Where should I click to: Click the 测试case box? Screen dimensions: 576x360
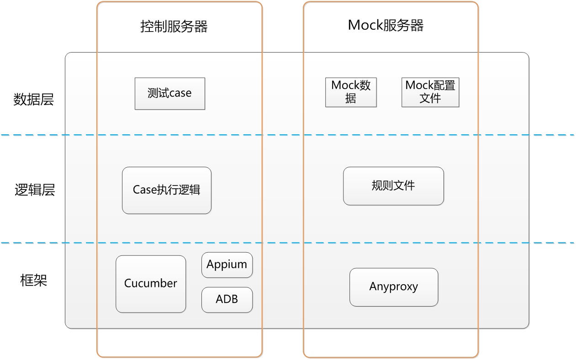point(170,94)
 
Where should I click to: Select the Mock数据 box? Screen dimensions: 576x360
point(351,92)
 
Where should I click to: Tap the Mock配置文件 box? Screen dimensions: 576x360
point(430,92)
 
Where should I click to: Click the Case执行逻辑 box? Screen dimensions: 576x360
point(167,191)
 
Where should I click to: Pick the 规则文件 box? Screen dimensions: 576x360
point(393,186)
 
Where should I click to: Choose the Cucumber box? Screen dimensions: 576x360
point(151,284)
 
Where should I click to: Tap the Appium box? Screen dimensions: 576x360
point(227,265)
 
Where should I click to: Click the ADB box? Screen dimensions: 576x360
point(227,300)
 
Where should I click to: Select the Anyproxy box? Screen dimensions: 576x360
point(394,287)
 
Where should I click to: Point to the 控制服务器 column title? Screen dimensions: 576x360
point(174,26)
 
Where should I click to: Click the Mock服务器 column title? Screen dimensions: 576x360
point(386,25)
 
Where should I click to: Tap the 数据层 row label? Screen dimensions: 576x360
point(33,100)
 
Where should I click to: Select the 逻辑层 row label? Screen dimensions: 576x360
point(34,190)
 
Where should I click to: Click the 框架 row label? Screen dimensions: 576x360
point(33,281)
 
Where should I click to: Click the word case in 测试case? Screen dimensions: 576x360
point(180,93)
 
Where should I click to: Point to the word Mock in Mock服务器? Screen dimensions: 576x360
point(365,25)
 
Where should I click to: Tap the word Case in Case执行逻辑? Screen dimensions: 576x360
point(144,190)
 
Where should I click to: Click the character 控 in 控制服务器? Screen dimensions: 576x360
point(147,26)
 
